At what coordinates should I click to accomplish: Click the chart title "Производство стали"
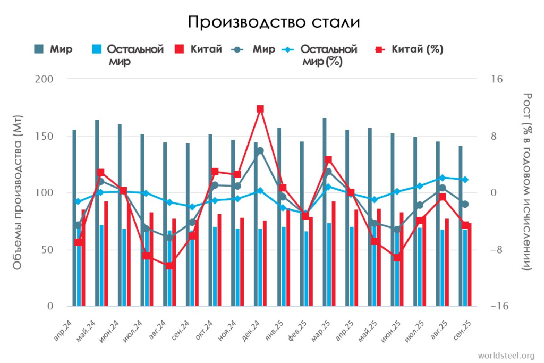pyautogui.click(x=274, y=22)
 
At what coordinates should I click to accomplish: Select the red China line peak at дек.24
pyautogui.click(x=260, y=109)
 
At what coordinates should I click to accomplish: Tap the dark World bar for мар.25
pyautogui.click(x=325, y=213)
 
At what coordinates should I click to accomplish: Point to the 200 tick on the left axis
pyautogui.click(x=47, y=79)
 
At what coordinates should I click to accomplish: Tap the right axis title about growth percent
pyautogui.click(x=528, y=181)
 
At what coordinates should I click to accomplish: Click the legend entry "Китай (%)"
pyautogui.click(x=417, y=49)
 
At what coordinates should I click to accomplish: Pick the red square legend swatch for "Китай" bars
pyautogui.click(x=179, y=49)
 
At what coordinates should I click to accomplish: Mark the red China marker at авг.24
pyautogui.click(x=169, y=266)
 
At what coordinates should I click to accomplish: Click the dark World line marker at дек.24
pyautogui.click(x=260, y=151)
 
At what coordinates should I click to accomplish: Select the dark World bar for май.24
pyautogui.click(x=97, y=213)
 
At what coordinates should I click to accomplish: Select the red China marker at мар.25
pyautogui.click(x=328, y=160)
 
